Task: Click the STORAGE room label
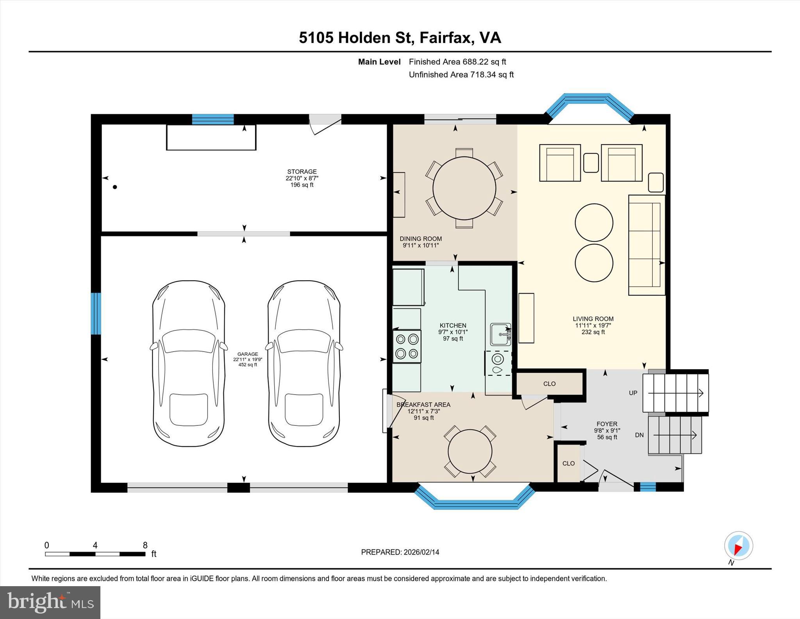point(302,172)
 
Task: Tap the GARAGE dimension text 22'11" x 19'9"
point(248,359)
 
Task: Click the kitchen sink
point(500,334)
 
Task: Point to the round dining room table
point(464,188)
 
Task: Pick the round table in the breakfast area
point(470,451)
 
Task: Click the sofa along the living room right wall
point(646,245)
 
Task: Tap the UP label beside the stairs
point(633,393)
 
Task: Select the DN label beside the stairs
point(639,435)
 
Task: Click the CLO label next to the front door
point(568,463)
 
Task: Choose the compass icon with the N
point(738,545)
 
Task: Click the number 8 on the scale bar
point(145,545)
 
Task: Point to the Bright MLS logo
point(50,602)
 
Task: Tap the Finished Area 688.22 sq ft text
point(457,62)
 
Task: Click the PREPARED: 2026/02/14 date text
point(400,552)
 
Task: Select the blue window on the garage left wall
point(96,314)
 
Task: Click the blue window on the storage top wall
point(213,119)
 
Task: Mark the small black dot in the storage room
point(115,187)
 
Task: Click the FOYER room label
point(607,424)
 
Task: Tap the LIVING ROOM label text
point(593,319)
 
